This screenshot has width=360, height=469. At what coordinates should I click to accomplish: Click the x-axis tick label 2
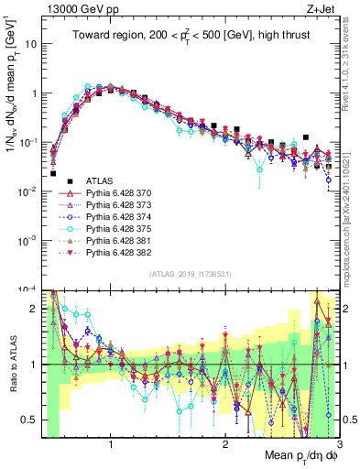pyautogui.click(x=225, y=446)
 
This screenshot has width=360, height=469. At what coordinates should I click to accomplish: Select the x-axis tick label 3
pyautogui.click(x=339, y=446)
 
